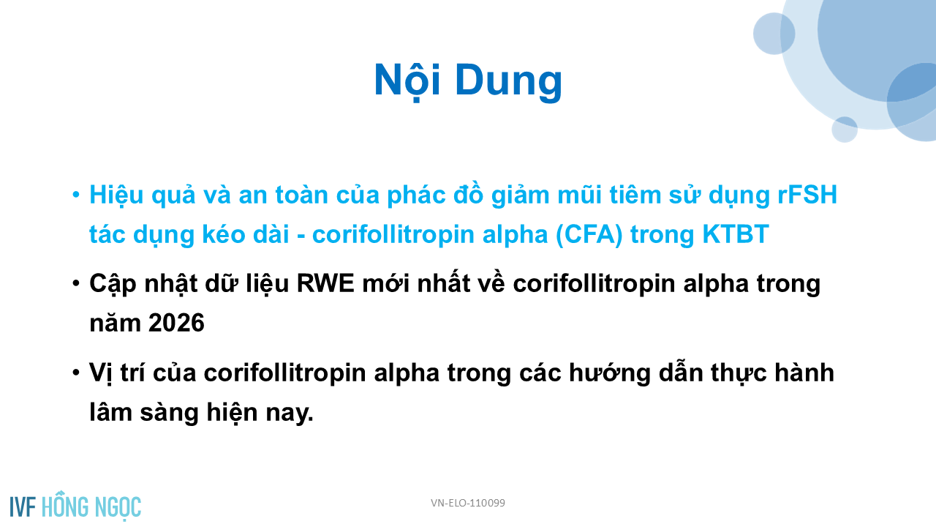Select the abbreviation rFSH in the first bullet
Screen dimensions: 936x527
pyautogui.click(x=807, y=195)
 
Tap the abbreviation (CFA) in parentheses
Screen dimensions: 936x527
pyautogui.click(x=589, y=234)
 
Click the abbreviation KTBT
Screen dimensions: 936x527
pyautogui.click(x=736, y=233)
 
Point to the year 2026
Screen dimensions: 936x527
pyautogui.click(x=176, y=323)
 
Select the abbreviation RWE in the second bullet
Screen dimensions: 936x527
pyautogui.click(x=325, y=283)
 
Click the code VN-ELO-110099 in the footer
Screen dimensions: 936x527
pyautogui.click(x=468, y=503)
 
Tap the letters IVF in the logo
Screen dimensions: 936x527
pyautogui.click(x=23, y=507)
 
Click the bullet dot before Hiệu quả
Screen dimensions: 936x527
pyautogui.click(x=75, y=195)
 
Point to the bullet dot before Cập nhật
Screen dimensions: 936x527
pyautogui.click(x=75, y=283)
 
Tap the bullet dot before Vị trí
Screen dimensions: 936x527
pyautogui.click(x=75, y=373)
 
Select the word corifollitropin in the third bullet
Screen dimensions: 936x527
pyautogui.click(x=284, y=373)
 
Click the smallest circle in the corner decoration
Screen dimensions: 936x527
pyautogui.click(x=845, y=130)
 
